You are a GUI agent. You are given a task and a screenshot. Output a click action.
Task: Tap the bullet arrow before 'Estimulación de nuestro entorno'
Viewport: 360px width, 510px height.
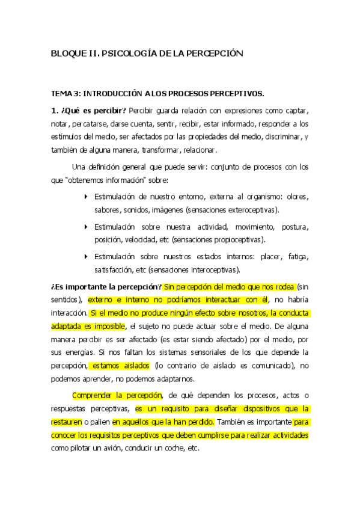pyautogui.click(x=86, y=196)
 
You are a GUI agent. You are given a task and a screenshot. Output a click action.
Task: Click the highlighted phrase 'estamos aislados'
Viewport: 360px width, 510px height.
pyautogui.click(x=120, y=365)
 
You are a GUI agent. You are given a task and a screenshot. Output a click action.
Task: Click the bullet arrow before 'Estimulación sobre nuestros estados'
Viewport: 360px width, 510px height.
pyautogui.click(x=86, y=256)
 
